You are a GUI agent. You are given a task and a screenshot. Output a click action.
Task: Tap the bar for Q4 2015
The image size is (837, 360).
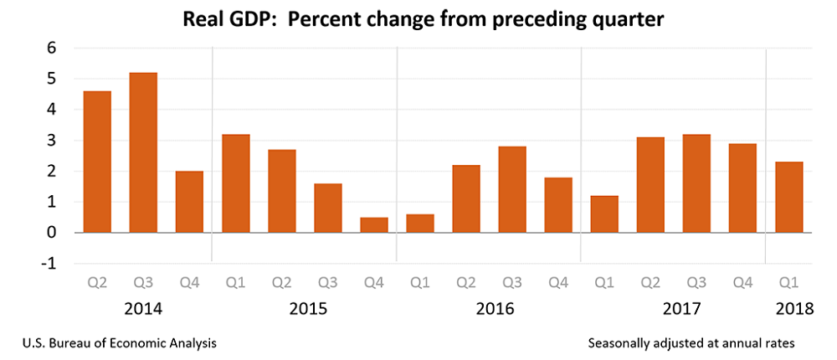pyautogui.click(x=374, y=224)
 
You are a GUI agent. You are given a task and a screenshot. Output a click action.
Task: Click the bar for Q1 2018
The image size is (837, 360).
pyautogui.click(x=788, y=197)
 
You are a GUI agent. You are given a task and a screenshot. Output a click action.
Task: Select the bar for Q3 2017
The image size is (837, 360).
pyautogui.click(x=696, y=183)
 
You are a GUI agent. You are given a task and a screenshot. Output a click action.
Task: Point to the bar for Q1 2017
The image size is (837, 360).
pyautogui.click(x=604, y=213)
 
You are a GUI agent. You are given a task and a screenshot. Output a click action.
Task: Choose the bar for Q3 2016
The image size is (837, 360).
pyautogui.click(x=512, y=189)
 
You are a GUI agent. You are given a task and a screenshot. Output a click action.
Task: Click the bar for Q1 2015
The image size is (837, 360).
pyautogui.click(x=235, y=183)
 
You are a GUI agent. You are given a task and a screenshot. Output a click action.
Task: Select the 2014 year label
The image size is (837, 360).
pyautogui.click(x=143, y=309)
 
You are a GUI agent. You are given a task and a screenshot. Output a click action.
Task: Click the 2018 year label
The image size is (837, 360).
pyautogui.click(x=793, y=309)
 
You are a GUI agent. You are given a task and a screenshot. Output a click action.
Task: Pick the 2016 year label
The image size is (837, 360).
pyautogui.click(x=495, y=309)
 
